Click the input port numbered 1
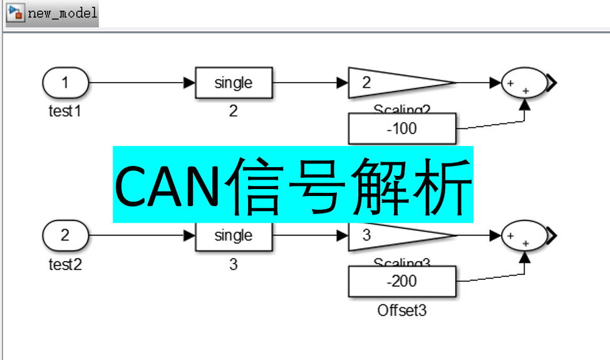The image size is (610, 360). pos(66,82)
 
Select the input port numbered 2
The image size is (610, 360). pos(66,236)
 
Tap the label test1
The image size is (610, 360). pos(65,111)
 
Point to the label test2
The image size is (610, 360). pos(65,264)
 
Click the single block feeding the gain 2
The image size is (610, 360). pos(234,83)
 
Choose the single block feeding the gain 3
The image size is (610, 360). pos(234,236)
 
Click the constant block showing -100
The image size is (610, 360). pos(401,128)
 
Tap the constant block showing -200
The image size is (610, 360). pos(401,281)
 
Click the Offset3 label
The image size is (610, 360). pos(401,310)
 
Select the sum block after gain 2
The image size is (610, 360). pos(524,83)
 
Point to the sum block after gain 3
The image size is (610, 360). pos(524,236)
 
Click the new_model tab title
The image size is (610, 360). pos(62,13)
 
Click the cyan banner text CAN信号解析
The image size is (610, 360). pos(292,185)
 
